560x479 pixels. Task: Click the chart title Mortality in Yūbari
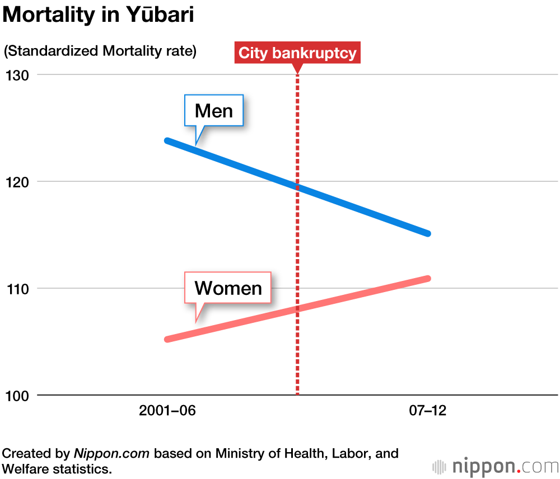pyautogui.click(x=99, y=15)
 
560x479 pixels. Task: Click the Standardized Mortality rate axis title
pyautogui.click(x=100, y=51)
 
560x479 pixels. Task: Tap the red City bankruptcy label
pyautogui.click(x=297, y=53)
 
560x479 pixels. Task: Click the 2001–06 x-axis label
pyautogui.click(x=167, y=411)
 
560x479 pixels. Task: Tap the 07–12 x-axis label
pyautogui.click(x=428, y=411)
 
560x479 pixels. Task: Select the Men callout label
pyautogui.click(x=214, y=111)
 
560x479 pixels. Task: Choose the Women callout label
pyautogui.click(x=228, y=288)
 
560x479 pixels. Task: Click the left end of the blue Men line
pyautogui.click(x=167, y=140)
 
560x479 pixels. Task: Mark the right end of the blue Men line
pyautogui.click(x=428, y=233)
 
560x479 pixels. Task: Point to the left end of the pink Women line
pyautogui.click(x=167, y=339)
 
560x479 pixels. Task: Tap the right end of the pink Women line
pyautogui.click(x=428, y=278)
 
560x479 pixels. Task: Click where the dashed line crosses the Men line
pyautogui.click(x=297, y=187)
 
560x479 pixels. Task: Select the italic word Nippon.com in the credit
pyautogui.click(x=111, y=453)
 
